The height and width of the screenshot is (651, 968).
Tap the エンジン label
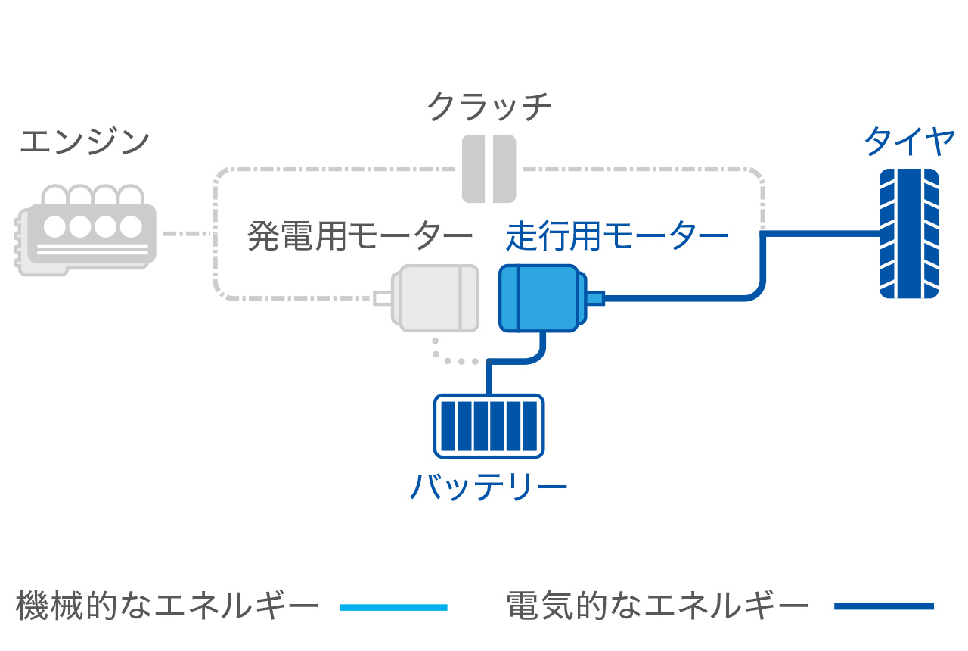85,142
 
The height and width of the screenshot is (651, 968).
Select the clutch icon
489,169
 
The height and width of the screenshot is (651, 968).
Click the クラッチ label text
489,107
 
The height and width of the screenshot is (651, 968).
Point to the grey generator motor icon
436,298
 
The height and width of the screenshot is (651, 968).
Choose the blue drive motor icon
539,298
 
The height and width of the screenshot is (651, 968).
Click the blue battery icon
489,425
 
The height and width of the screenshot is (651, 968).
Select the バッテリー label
489,485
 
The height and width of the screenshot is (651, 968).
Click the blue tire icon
909,233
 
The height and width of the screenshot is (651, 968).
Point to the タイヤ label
909,141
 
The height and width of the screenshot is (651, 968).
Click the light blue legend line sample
394,607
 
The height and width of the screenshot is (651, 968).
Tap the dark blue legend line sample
884,606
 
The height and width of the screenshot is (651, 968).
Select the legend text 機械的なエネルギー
167,606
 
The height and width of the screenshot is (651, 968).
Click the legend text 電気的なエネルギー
657,606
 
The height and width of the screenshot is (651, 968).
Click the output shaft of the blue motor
595,298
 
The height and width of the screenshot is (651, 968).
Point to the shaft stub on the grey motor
383,298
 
